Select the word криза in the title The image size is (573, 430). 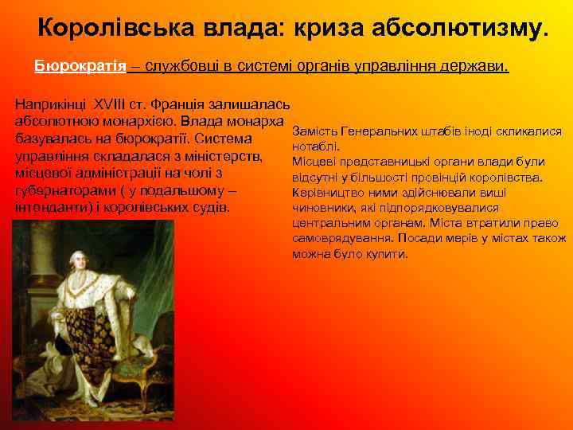click(329, 28)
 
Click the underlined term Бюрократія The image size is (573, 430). click(80, 66)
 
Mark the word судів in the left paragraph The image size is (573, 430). click(211, 209)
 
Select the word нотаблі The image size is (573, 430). click(317, 147)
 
